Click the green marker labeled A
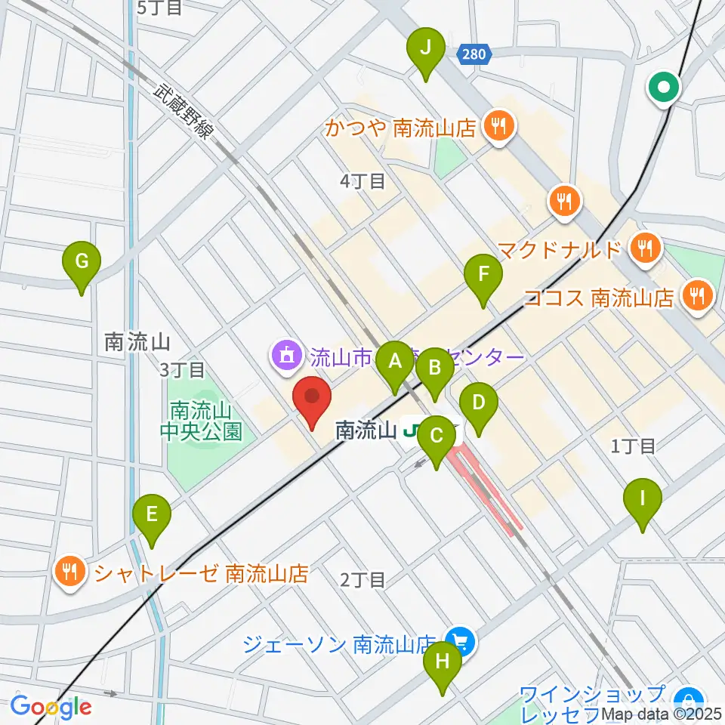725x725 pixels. click(x=394, y=368)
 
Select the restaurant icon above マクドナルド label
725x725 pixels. click(x=563, y=201)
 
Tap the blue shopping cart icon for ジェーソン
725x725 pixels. click(x=461, y=643)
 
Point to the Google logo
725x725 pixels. click(x=51, y=707)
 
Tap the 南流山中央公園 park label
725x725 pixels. click(x=205, y=421)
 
